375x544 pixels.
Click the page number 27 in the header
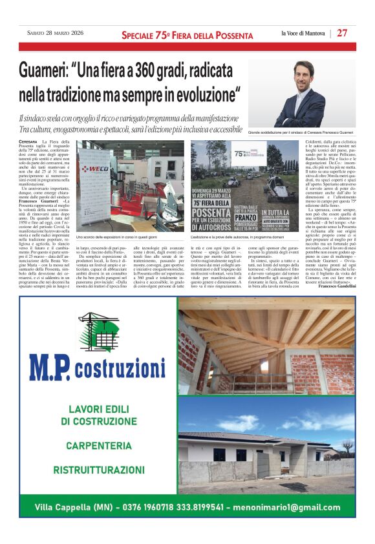[342, 34]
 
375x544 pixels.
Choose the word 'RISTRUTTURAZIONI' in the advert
[98, 470]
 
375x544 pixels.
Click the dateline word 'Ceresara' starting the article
[28, 141]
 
